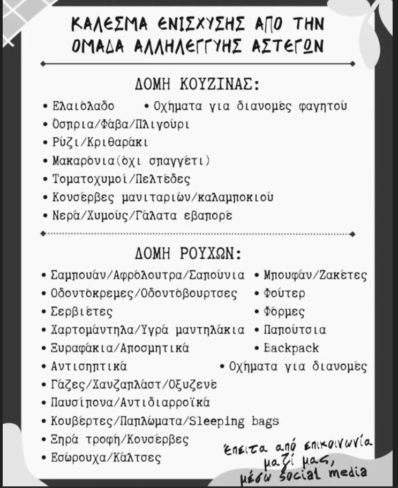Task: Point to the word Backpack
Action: point(291,348)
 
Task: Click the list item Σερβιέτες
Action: point(82,312)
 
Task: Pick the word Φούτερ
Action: point(284,294)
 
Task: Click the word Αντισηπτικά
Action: point(88,367)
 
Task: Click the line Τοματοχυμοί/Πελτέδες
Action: point(121,179)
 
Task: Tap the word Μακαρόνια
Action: point(81,161)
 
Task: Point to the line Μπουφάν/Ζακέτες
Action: point(316,275)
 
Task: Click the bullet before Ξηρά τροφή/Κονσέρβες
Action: point(46,440)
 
